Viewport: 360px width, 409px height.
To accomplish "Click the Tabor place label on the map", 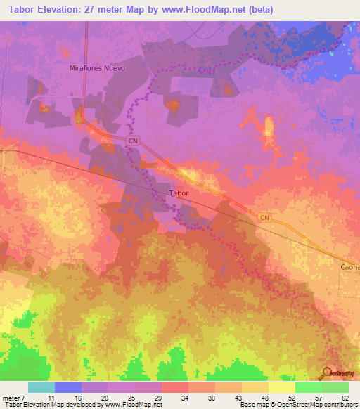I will (x=179, y=192).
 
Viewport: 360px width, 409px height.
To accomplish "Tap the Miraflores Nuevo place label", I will (x=97, y=68).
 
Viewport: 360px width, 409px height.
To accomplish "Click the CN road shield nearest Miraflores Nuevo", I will (x=133, y=141).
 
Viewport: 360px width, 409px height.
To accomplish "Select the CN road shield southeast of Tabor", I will (x=264, y=219).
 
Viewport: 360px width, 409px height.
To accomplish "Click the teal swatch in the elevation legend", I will (x=41, y=387).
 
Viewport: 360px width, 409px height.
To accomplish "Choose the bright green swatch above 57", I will (x=308, y=387).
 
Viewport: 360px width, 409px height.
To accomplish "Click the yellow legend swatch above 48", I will (x=255, y=387).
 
